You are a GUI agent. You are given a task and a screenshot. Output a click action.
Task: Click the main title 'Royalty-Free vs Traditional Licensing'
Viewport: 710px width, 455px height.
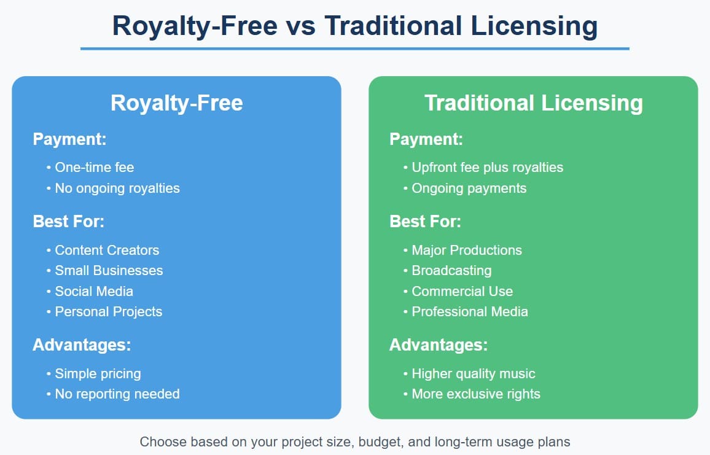coord(354,26)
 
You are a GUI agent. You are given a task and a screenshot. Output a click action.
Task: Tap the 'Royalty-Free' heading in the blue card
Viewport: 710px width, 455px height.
coord(176,103)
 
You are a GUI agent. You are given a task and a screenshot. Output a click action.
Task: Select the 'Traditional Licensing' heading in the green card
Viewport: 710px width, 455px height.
coord(533,103)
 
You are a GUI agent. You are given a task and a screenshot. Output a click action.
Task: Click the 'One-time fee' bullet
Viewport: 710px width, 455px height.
coord(94,167)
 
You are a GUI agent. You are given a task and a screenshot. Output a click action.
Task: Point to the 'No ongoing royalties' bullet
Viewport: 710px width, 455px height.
coord(117,188)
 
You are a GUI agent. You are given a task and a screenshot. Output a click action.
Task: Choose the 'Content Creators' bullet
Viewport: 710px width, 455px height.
coord(107,250)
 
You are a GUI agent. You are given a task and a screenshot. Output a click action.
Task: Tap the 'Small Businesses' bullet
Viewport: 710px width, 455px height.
coord(109,270)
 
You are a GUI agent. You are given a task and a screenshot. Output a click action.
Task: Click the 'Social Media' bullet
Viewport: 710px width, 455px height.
coord(94,291)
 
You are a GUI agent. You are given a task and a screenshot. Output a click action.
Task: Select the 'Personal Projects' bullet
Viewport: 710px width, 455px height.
coord(109,311)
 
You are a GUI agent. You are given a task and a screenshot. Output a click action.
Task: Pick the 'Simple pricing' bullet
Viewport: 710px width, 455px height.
coord(98,373)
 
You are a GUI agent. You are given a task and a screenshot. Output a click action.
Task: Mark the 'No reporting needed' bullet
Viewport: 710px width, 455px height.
coord(117,394)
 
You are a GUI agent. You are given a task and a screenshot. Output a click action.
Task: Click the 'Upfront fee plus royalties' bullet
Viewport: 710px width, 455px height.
coord(487,167)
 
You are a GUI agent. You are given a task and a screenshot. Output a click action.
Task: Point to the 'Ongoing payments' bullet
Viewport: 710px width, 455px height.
coord(469,188)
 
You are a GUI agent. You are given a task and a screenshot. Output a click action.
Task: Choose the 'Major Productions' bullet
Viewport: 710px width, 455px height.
coord(466,250)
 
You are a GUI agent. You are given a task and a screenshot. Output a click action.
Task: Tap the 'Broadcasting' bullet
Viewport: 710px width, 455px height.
coord(451,270)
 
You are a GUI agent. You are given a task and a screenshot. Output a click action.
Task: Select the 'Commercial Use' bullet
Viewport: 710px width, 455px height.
coord(462,291)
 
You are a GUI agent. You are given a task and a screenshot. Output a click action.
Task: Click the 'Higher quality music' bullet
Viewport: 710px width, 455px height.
coord(473,373)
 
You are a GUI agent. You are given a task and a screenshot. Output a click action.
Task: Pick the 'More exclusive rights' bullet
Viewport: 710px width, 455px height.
coord(476,394)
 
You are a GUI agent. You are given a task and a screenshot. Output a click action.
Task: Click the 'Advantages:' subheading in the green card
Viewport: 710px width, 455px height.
coord(439,345)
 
